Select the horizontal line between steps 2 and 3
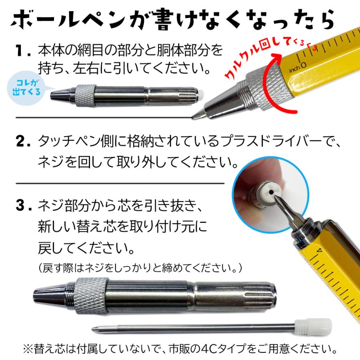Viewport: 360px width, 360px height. [x=120, y=183]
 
